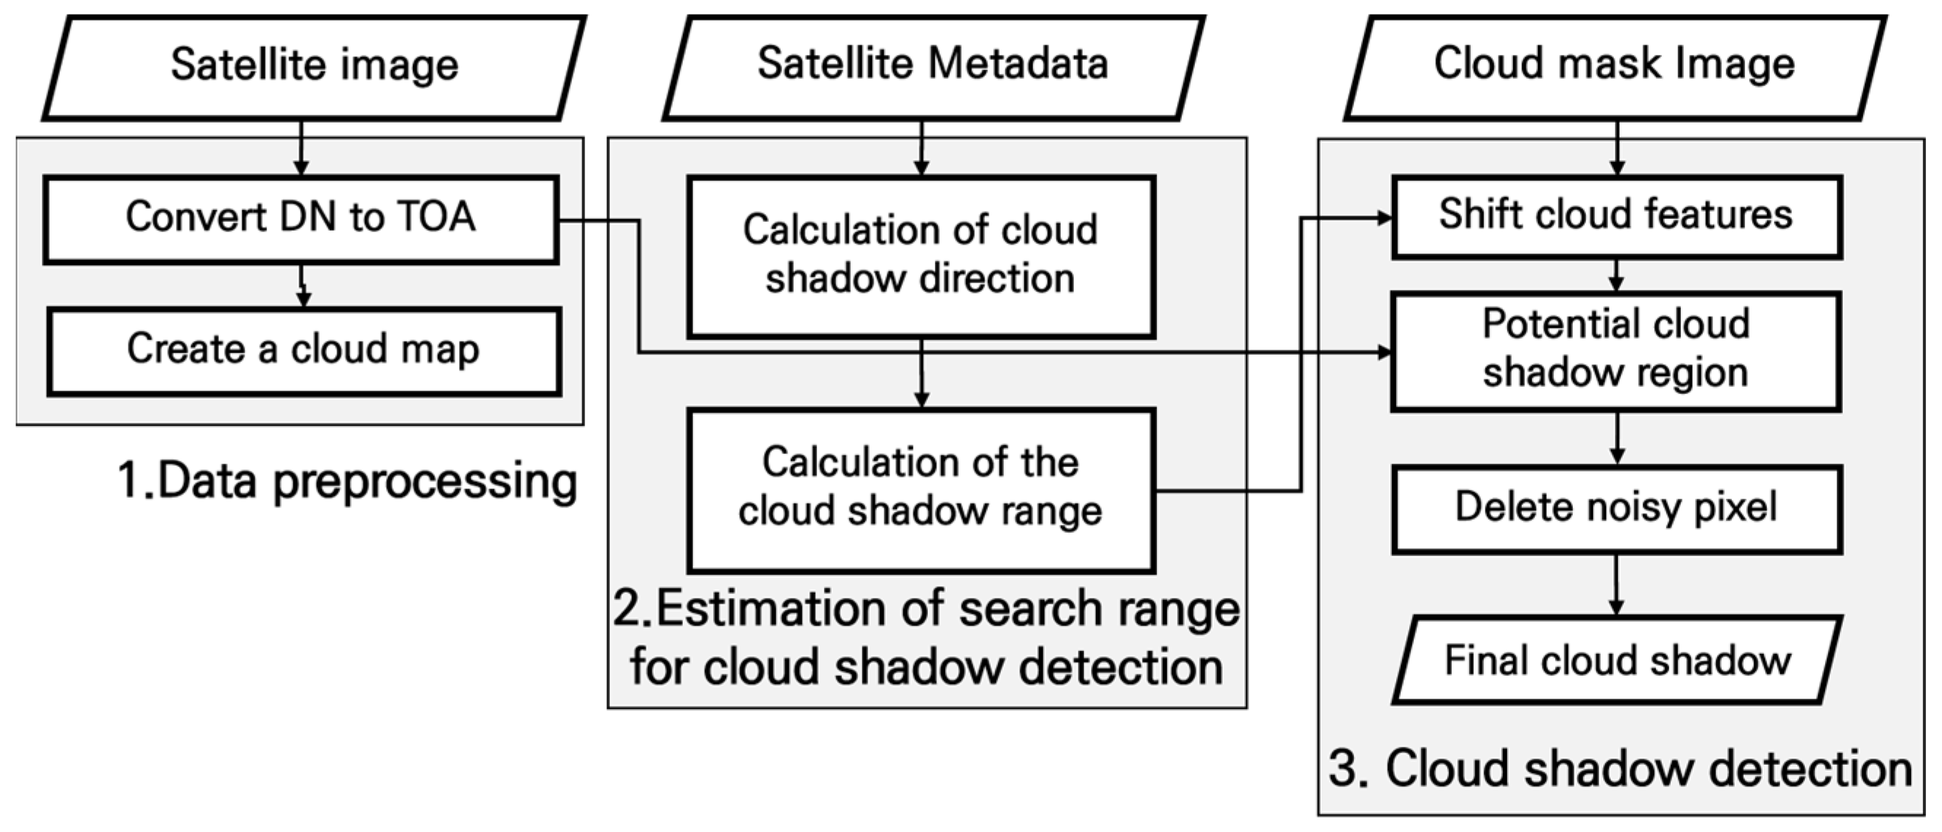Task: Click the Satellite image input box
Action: point(314,66)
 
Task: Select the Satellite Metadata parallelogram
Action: point(932,66)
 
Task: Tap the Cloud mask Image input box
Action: point(1614,66)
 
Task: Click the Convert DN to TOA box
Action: point(300,219)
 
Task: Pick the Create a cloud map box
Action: point(303,351)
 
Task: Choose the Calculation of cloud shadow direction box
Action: point(921,256)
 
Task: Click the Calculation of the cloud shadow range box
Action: point(921,489)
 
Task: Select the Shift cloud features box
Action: point(1616,217)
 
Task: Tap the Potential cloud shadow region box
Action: point(1616,351)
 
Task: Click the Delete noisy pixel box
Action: point(1616,509)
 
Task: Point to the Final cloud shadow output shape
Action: point(1617,660)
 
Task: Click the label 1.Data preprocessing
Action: point(347,481)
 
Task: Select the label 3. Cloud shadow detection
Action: point(1620,769)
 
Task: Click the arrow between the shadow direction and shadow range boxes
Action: point(921,374)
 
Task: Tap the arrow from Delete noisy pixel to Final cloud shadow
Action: point(1616,585)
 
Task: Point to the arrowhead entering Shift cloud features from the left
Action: point(1384,218)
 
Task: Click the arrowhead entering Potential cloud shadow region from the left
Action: point(1384,353)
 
